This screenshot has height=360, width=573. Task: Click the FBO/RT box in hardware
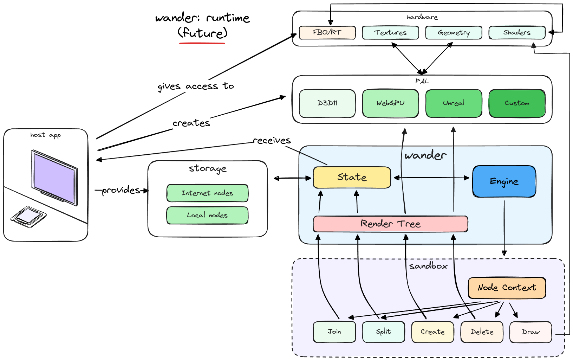(x=327, y=32)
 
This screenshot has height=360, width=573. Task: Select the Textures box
(x=390, y=32)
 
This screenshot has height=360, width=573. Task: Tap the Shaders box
(x=517, y=32)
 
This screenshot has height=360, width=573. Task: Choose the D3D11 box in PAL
(x=327, y=103)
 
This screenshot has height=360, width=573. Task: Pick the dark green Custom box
(x=517, y=103)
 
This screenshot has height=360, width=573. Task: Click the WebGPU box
(x=390, y=103)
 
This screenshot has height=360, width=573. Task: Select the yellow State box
(x=352, y=178)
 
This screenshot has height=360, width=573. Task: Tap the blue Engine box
(x=504, y=181)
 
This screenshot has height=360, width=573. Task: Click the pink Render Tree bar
(x=390, y=224)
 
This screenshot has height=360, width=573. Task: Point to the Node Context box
(x=507, y=288)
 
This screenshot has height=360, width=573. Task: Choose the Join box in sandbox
(x=334, y=332)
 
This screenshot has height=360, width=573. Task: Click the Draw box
(x=530, y=332)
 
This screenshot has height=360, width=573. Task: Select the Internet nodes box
(x=207, y=193)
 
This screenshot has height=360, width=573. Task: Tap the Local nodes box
(x=207, y=216)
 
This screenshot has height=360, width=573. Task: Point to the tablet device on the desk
(x=28, y=217)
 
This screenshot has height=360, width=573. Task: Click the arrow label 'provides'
(x=121, y=191)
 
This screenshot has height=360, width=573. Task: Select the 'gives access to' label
(x=195, y=86)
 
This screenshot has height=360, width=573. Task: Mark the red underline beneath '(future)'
(x=202, y=43)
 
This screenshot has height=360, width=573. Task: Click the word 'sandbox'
(x=428, y=266)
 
